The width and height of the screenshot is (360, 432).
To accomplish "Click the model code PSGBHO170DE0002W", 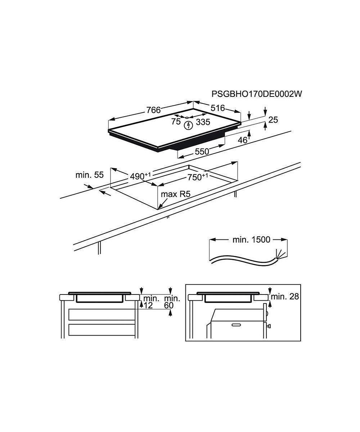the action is click(257, 94).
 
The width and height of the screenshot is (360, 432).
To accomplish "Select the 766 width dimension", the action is click(153, 110).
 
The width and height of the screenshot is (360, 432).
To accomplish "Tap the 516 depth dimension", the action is click(218, 108).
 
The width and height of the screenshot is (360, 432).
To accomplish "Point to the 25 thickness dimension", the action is click(273, 120).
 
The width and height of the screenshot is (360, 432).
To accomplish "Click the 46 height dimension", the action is click(243, 140).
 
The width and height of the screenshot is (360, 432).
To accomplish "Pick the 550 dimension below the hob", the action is click(202, 152).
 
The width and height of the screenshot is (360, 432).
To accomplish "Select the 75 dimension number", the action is click(176, 122).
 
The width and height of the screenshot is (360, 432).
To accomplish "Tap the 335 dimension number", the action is click(203, 122).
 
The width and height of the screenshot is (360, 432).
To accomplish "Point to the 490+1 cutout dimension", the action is click(140, 176).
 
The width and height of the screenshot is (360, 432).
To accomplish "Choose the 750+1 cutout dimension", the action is click(198, 177).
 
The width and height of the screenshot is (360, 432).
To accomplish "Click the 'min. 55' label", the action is click(89, 175).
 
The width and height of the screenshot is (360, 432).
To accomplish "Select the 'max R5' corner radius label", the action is click(175, 194).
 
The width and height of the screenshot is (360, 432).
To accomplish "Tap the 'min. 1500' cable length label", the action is click(251, 240).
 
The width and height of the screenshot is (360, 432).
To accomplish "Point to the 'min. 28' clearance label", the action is click(285, 297).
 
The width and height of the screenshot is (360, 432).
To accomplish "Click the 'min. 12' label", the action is click(151, 302).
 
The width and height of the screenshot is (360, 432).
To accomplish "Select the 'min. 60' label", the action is click(172, 302).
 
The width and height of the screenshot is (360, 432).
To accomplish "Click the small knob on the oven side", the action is click(269, 326).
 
